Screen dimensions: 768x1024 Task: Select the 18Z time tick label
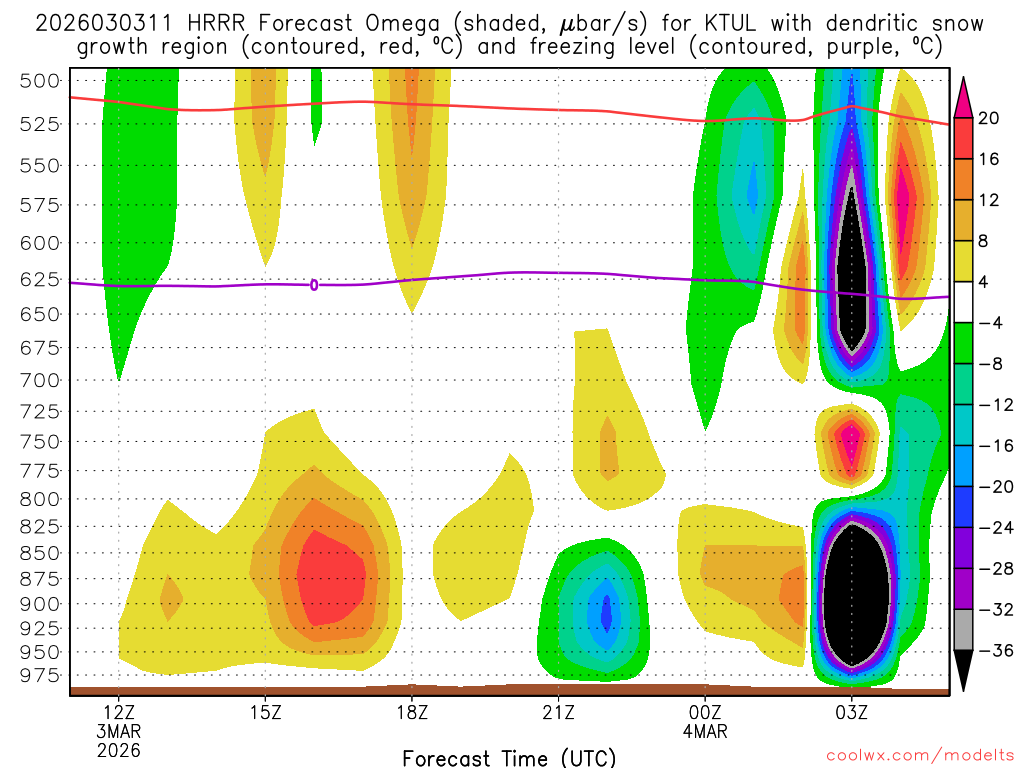(412, 713)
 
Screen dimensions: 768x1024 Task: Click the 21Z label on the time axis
(558, 713)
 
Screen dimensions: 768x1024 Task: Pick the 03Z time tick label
(852, 713)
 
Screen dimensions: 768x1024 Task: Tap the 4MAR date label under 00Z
(706, 732)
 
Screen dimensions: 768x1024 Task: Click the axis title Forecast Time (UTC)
(509, 757)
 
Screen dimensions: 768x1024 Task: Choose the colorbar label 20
(989, 118)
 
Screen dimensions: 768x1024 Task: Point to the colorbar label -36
(989, 651)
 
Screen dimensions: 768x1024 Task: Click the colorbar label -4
(989, 323)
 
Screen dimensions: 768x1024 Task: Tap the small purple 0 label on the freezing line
(314, 285)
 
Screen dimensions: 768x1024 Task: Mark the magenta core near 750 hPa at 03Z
(852, 438)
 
